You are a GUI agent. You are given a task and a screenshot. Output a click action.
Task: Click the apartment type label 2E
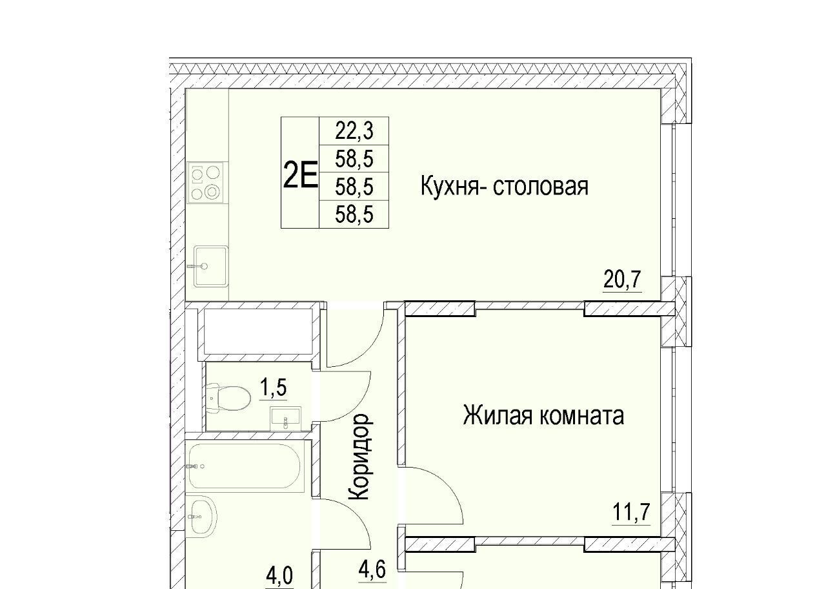point(300,176)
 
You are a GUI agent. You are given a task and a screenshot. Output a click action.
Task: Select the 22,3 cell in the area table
point(354,131)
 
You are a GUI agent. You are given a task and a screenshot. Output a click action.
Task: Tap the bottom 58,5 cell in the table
point(354,214)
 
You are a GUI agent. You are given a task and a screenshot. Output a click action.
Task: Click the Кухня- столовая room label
point(504,187)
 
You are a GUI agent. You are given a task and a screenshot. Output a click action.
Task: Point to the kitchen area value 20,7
point(623,279)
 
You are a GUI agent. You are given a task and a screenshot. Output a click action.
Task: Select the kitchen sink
point(210,267)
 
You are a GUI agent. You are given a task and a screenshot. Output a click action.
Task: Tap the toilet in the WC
point(228,398)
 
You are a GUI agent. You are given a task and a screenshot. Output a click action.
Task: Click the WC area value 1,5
point(273,388)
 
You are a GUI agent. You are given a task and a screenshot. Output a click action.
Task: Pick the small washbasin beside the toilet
point(285,418)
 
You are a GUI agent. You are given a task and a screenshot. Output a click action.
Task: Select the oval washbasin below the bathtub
point(201,517)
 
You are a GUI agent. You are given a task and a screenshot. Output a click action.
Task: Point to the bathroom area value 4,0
point(279,576)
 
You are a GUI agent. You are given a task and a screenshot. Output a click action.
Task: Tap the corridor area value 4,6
point(372,569)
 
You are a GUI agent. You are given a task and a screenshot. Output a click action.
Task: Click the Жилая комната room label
point(543,415)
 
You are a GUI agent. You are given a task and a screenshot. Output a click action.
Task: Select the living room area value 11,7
point(631,512)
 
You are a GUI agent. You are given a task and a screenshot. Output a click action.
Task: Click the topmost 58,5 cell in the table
point(354,159)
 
